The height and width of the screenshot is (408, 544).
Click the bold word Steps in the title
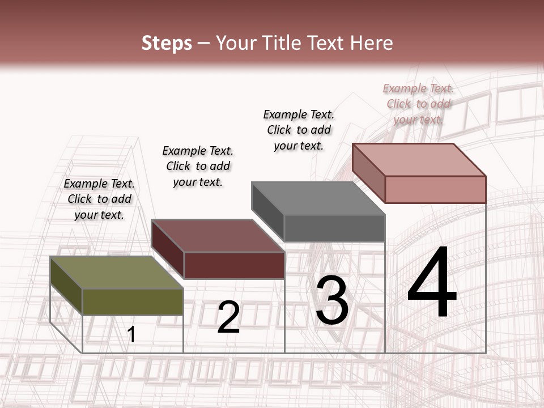(x=167, y=43)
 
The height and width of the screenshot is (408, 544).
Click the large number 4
(x=432, y=283)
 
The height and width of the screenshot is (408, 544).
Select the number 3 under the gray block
(x=332, y=300)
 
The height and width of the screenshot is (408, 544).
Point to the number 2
(x=228, y=317)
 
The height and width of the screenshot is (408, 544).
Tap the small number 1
(x=131, y=334)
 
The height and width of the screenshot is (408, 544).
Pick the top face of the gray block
(x=317, y=198)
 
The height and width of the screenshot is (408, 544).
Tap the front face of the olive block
(x=133, y=301)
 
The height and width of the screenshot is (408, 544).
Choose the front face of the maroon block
(x=234, y=265)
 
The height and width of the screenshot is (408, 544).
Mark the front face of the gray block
(x=334, y=228)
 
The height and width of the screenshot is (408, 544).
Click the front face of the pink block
(x=435, y=189)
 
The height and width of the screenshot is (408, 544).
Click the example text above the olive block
(x=99, y=199)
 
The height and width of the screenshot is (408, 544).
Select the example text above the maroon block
(x=198, y=166)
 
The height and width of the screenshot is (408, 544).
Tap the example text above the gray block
(x=299, y=130)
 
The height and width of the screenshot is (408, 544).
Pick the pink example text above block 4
(x=418, y=104)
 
